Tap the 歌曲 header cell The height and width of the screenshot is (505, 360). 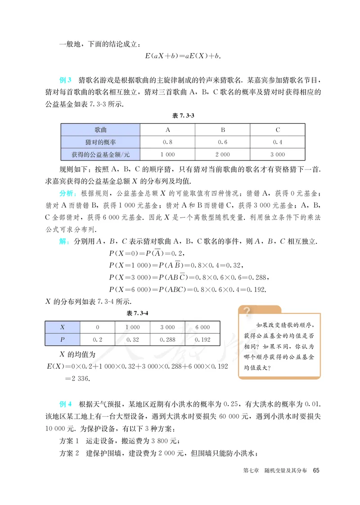click(100, 130)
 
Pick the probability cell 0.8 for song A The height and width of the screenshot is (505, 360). click(167, 142)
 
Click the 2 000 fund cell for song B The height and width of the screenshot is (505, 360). click(222, 154)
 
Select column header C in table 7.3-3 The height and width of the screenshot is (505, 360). click(278, 130)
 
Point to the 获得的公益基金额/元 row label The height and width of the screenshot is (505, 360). click(100, 154)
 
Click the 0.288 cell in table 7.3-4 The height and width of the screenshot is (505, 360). click(167, 340)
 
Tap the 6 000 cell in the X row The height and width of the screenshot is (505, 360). click(202, 327)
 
